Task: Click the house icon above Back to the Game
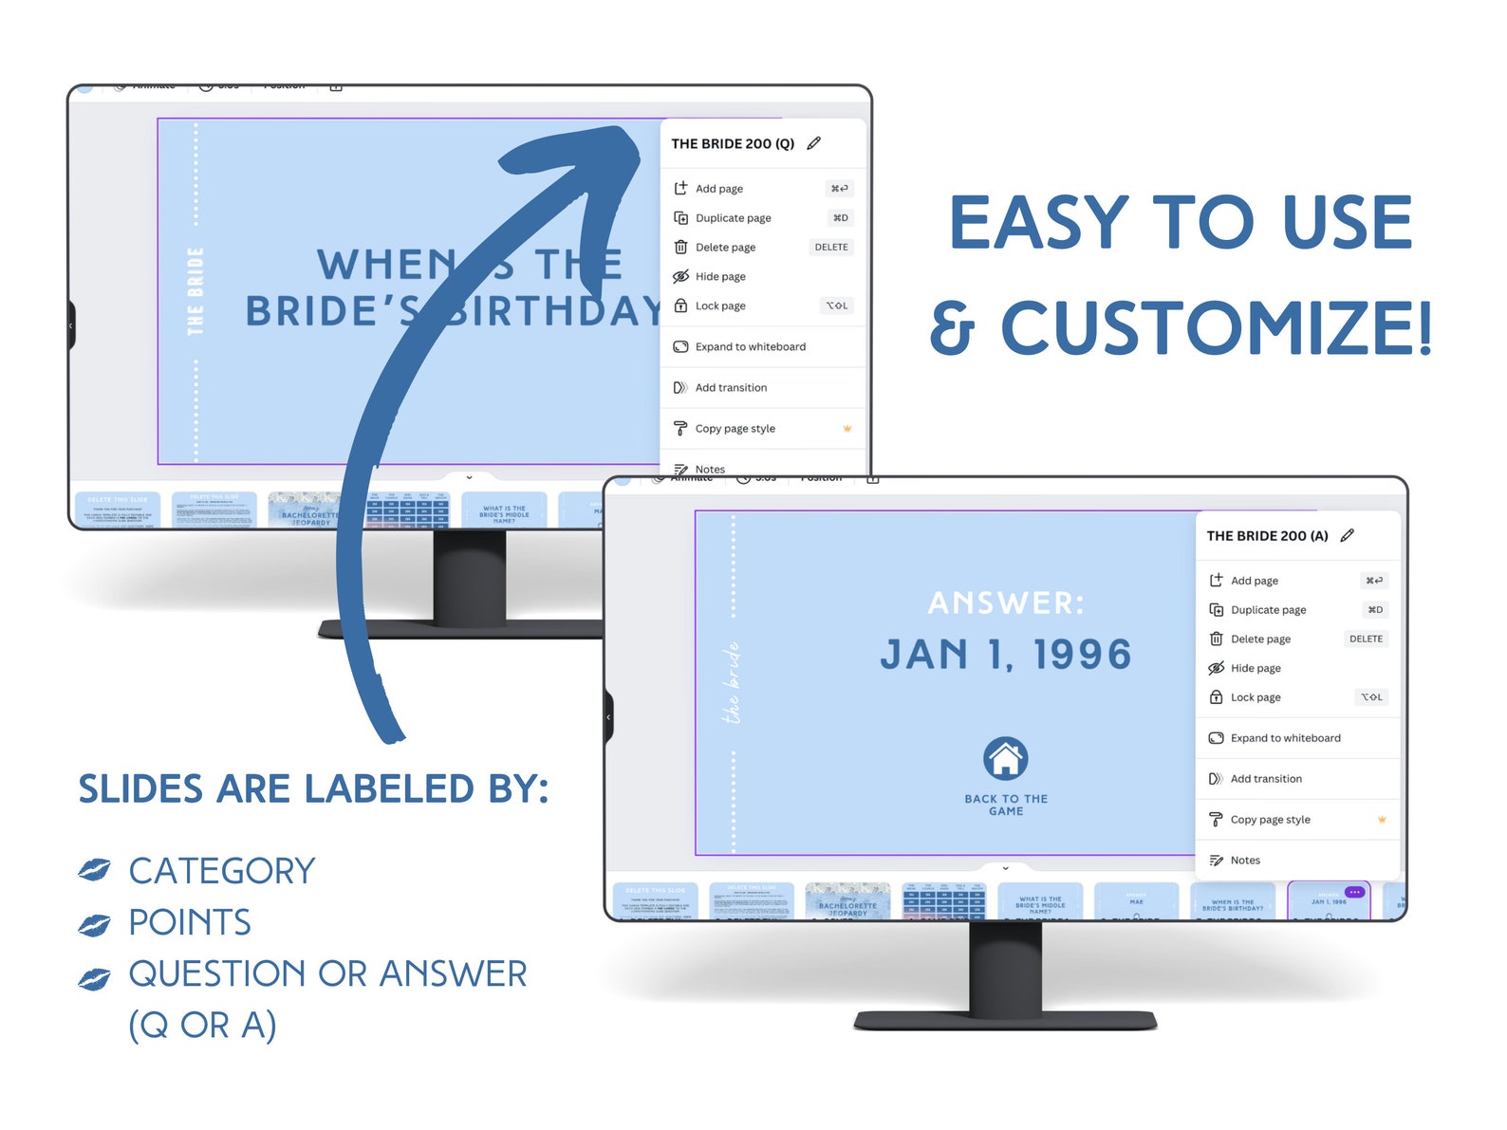(x=1005, y=758)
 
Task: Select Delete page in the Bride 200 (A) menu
(x=1259, y=639)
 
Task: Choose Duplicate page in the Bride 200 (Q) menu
(x=733, y=218)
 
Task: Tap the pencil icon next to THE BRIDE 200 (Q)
(x=813, y=143)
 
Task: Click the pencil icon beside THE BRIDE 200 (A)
(x=1347, y=535)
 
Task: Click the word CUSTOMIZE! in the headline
(x=1216, y=328)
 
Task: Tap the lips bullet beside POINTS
(x=95, y=923)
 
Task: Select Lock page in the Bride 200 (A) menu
(x=1255, y=697)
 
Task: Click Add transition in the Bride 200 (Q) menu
(x=730, y=388)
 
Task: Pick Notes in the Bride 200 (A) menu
(x=1244, y=861)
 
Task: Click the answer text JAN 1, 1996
(x=1005, y=655)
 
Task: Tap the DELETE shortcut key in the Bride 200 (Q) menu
(x=831, y=248)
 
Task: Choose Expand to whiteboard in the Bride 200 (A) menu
(x=1285, y=738)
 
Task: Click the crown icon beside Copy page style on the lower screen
(x=1382, y=819)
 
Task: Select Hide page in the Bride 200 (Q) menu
(x=719, y=277)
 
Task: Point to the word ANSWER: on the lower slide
(x=1005, y=602)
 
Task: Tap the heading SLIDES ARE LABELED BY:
(x=313, y=789)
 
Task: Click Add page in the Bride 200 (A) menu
(x=1254, y=581)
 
